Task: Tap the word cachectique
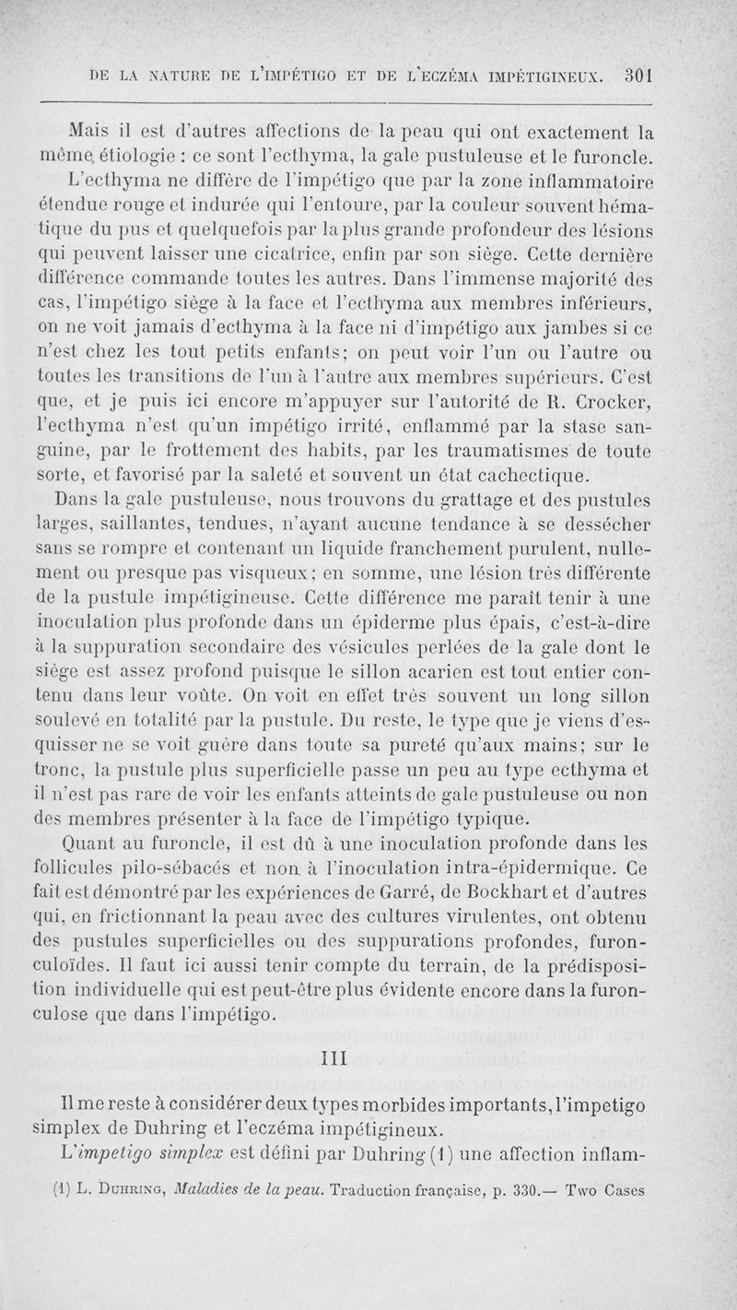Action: pos(499,476)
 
